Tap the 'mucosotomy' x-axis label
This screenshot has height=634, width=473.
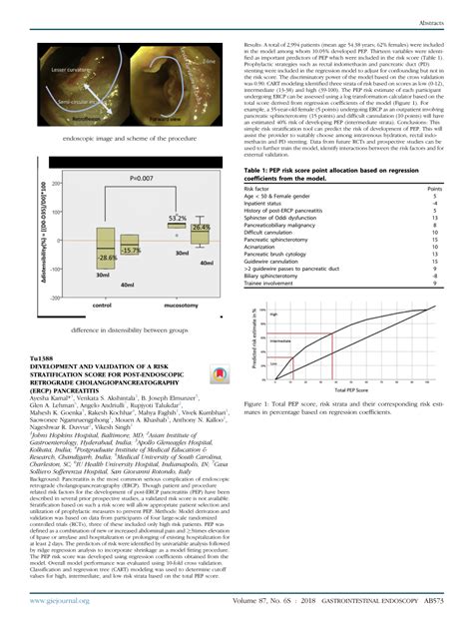[x=182, y=304]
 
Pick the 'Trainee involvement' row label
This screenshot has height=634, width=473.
[x=281, y=283]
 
